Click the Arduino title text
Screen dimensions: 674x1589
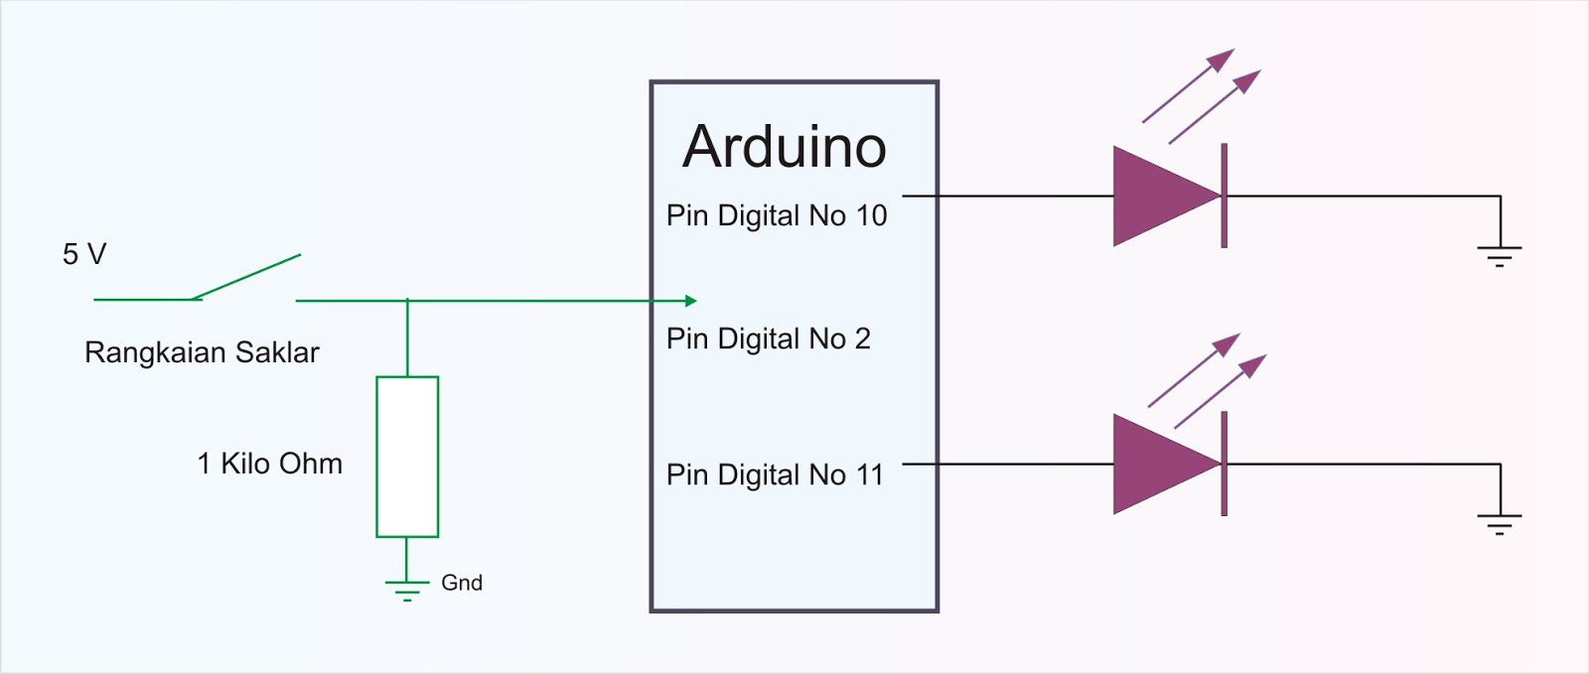pos(784,147)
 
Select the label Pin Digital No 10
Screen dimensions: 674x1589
pos(776,215)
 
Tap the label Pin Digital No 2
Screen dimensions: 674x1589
pos(768,338)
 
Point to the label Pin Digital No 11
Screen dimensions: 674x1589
pos(775,474)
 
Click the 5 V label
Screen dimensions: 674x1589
pos(83,254)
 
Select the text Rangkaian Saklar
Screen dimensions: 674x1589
pos(202,352)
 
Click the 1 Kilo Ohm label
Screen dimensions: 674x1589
pos(269,464)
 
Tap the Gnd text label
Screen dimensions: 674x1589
pos(462,583)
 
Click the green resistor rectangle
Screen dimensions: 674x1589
pos(407,457)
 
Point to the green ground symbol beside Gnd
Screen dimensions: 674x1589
pos(407,590)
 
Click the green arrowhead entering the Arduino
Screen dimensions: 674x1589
pos(690,300)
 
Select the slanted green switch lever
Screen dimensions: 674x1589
pos(246,276)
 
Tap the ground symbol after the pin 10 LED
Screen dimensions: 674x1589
pos(1500,255)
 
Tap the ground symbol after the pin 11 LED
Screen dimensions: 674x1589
pos(1500,523)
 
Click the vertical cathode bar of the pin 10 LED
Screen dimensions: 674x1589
pos(1225,196)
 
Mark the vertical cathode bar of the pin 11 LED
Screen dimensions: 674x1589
pos(1225,464)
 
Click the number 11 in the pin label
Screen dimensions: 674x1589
pos(870,474)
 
